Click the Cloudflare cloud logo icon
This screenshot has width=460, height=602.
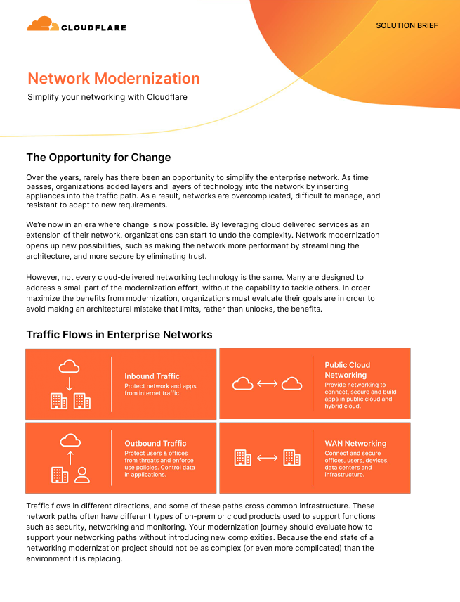click(x=43, y=25)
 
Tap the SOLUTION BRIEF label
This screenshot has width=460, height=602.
click(x=407, y=25)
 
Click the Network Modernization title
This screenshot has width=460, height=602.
click(x=114, y=78)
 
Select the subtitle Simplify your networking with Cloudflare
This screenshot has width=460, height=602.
click(x=107, y=97)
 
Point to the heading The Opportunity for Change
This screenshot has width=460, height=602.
click(x=98, y=157)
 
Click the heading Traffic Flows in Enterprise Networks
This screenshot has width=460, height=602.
click(x=119, y=335)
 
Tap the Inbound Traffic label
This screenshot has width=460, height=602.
click(x=152, y=376)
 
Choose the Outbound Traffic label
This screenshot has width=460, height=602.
click(x=155, y=444)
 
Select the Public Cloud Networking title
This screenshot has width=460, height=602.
click(x=347, y=370)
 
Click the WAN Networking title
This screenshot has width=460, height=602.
click(x=355, y=444)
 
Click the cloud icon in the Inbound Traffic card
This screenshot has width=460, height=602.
click(x=69, y=366)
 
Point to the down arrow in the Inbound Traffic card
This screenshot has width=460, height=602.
click(x=69, y=384)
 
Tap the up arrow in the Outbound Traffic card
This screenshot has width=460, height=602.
click(x=69, y=458)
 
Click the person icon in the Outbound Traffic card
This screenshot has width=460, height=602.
click(x=82, y=475)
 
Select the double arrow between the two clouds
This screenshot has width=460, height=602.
click(x=267, y=383)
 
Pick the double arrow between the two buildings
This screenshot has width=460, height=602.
click(x=267, y=458)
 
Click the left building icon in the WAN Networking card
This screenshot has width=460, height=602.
click(x=242, y=458)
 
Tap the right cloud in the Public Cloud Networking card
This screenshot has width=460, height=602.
click(x=291, y=383)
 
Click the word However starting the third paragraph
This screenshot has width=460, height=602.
click(x=44, y=278)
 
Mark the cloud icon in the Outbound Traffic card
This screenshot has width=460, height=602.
click(x=69, y=440)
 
